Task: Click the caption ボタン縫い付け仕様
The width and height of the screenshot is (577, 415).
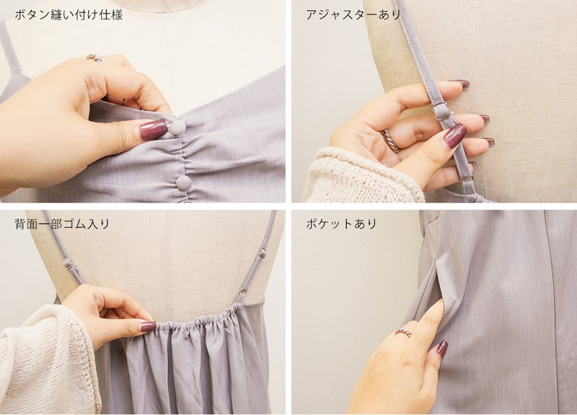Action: point(69,15)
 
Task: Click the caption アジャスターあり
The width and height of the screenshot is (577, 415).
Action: point(353,14)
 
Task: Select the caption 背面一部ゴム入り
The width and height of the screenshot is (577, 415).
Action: point(62,223)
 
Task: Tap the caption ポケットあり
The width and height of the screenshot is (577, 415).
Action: point(341,223)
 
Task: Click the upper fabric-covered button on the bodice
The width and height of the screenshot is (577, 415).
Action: point(177,128)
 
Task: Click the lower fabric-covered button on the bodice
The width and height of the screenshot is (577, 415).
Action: point(184,183)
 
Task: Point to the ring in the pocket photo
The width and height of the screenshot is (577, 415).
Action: point(403,332)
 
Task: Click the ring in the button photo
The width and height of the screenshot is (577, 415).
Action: point(94,58)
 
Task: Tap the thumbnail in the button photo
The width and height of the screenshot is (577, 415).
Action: point(153,130)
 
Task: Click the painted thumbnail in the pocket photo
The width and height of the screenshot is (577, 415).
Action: point(441,349)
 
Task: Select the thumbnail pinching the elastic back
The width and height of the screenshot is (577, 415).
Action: point(148,326)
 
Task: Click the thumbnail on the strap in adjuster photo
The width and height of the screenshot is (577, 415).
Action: point(455,135)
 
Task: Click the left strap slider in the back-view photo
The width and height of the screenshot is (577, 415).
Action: point(68,263)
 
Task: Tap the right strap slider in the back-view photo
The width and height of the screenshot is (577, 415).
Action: point(263,253)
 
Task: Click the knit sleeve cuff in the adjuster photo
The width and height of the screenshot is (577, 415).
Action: point(363,176)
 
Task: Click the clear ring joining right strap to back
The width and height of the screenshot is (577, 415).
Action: point(242,293)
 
